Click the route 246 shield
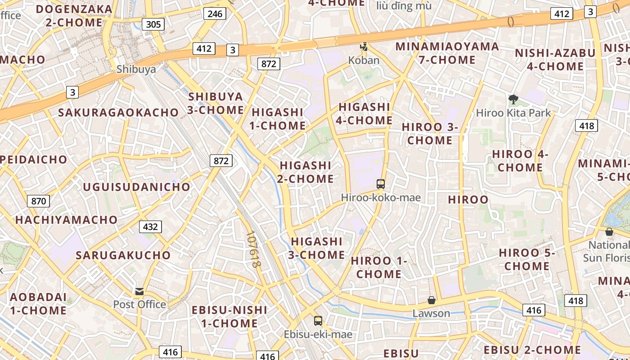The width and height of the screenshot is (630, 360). pos(215,14)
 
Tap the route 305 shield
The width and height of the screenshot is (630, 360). pos(153,24)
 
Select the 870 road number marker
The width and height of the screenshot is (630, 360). pos(38,201)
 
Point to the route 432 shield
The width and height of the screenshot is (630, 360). pos(150,227)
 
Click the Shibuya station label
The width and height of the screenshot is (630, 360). pos(136,69)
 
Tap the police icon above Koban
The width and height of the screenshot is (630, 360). pos(364,47)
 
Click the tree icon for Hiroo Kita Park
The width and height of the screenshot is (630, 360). pos(513,99)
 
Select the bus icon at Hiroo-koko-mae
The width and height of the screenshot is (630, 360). pos(381,184)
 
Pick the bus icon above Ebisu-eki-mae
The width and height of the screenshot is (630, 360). pos(318,321)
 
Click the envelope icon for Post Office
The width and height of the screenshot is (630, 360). pos(139,291)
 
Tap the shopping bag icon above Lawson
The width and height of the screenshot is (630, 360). pos(432,300)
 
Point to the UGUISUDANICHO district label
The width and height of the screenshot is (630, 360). pos(137,187)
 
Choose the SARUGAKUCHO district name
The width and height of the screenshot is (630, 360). pos(123,255)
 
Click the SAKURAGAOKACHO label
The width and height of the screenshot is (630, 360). pos(118,112)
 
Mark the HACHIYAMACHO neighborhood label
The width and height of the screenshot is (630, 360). pos(67,220)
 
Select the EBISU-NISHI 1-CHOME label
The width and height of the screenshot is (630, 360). pos(229,316)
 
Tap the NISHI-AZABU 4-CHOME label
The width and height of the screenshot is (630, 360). pos(555,59)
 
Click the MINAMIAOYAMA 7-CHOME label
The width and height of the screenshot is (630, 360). pos(447,53)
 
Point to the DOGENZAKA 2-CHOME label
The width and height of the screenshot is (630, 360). pos(74,16)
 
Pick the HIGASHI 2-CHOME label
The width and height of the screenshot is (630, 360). pos(306,172)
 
